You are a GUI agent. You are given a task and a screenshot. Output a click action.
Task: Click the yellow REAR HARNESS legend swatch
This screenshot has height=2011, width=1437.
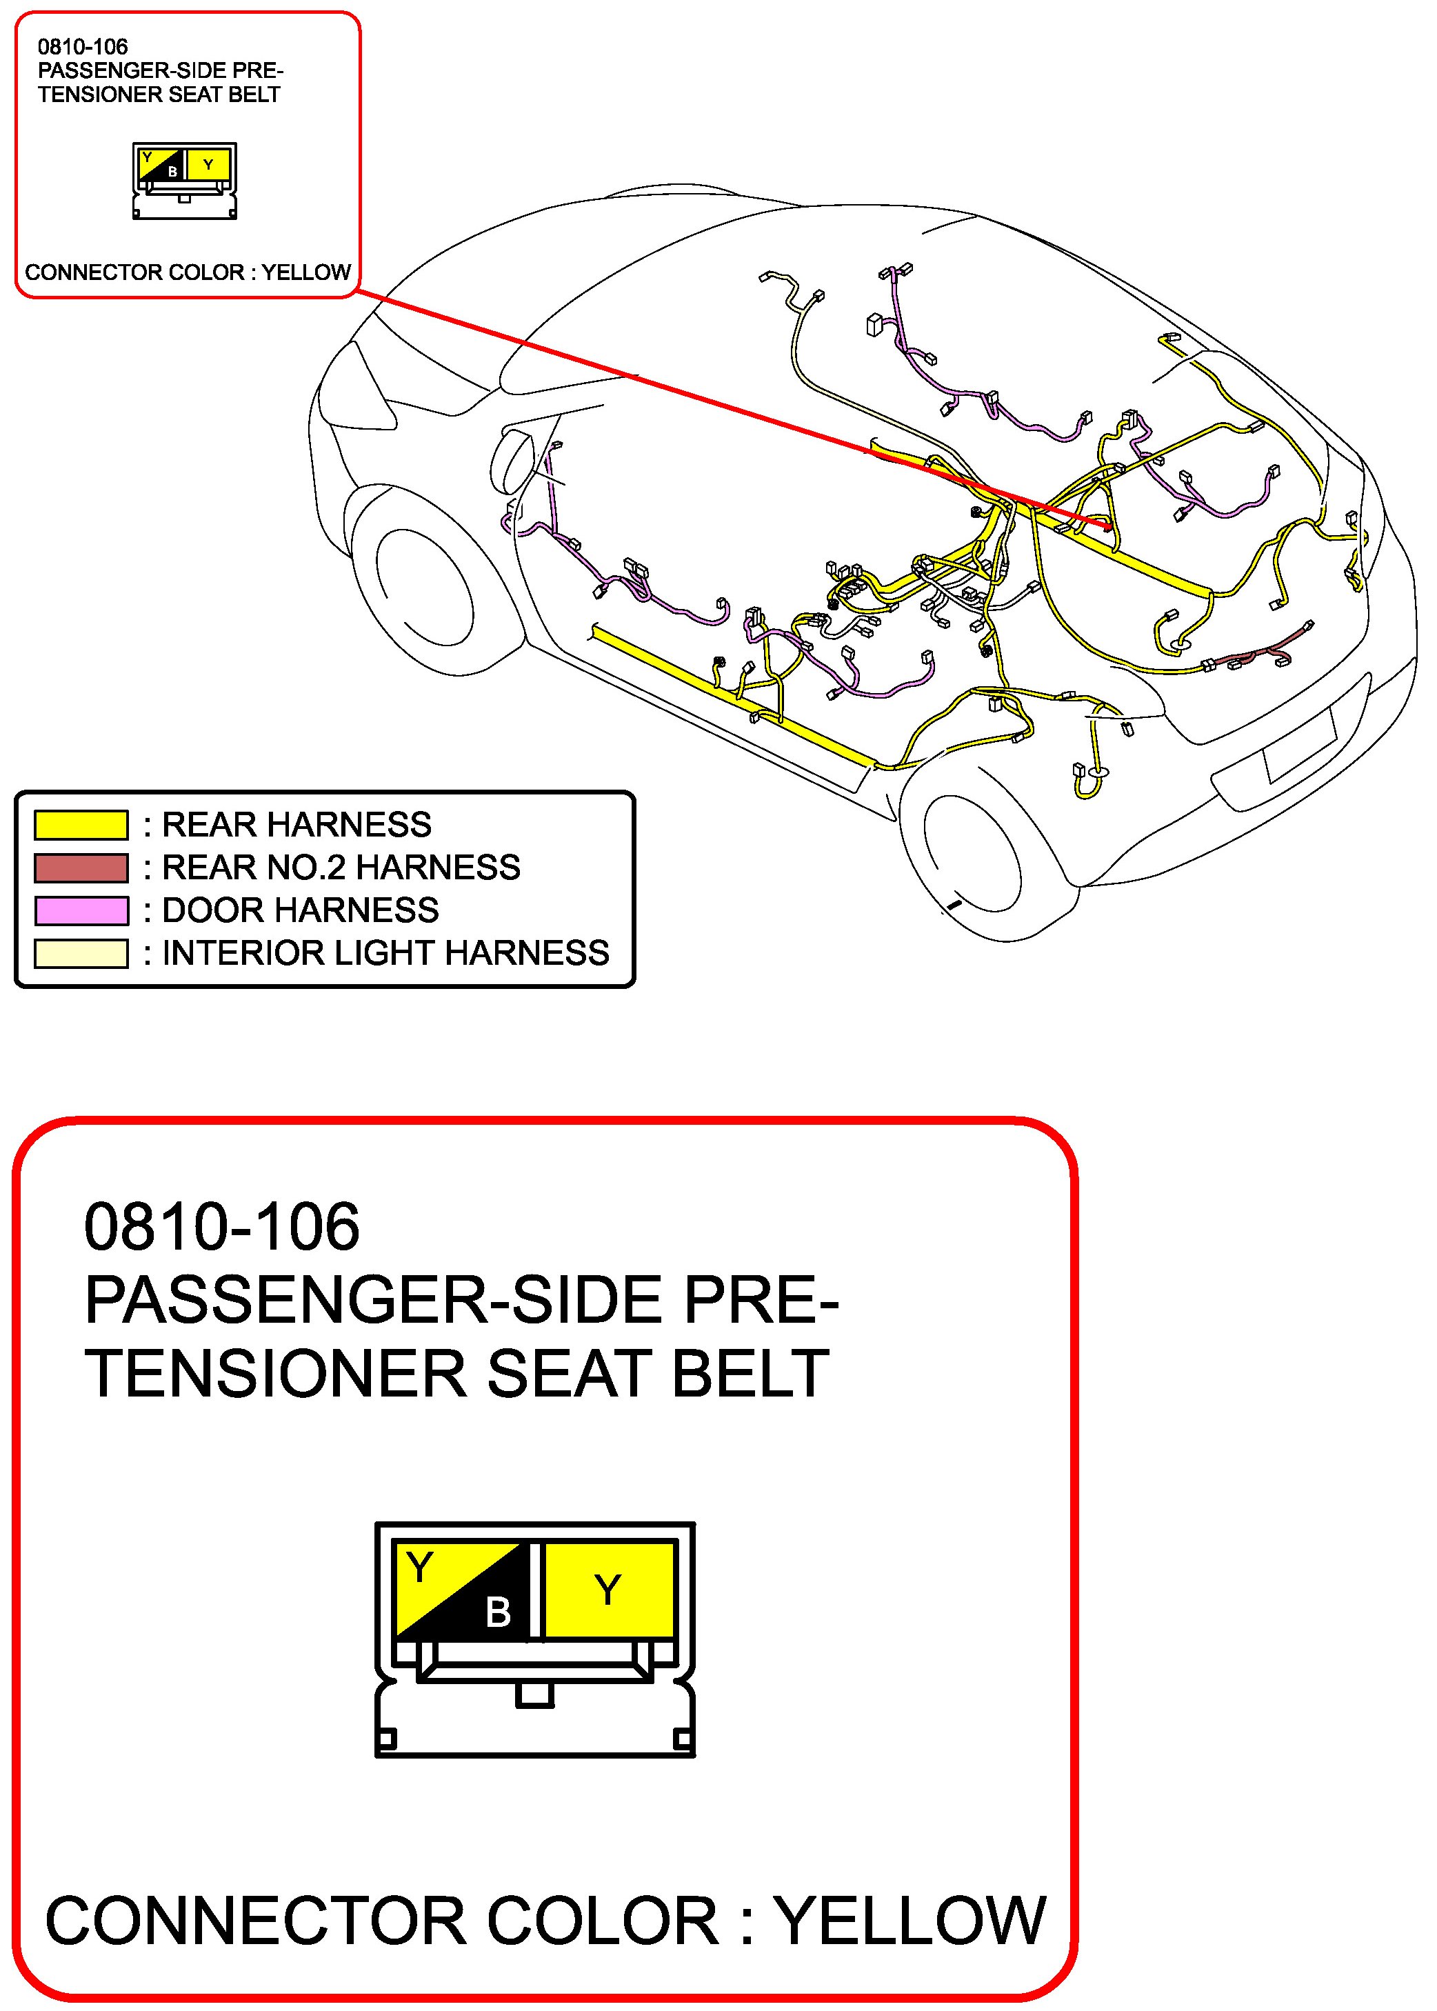(81, 825)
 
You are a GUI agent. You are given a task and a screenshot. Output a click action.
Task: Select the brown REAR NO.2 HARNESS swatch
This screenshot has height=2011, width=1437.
(81, 868)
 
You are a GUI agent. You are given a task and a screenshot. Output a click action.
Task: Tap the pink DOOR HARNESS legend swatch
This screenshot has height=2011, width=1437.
(81, 910)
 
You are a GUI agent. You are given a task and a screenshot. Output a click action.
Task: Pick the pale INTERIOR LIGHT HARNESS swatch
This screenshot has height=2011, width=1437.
(81, 954)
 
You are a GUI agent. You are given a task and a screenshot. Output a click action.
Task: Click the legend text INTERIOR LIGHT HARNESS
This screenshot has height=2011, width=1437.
(385, 953)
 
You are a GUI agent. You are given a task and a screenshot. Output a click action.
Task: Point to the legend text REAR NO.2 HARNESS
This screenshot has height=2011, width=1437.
(341, 867)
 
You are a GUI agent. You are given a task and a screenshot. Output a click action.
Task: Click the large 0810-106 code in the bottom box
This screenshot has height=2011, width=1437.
(221, 1227)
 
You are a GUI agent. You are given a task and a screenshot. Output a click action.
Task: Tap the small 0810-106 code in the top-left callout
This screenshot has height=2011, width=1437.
(82, 47)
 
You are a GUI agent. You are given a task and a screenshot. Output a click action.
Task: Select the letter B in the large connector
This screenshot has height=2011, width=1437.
(498, 1612)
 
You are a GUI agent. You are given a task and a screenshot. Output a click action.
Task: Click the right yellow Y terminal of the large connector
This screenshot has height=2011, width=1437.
(609, 1590)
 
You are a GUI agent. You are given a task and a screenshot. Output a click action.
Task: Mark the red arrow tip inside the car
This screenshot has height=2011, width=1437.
(1109, 528)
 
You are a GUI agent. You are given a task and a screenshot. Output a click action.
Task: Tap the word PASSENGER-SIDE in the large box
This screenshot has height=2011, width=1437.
(372, 1301)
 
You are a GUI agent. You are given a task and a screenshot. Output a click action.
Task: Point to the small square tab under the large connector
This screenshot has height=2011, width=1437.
(534, 1695)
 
